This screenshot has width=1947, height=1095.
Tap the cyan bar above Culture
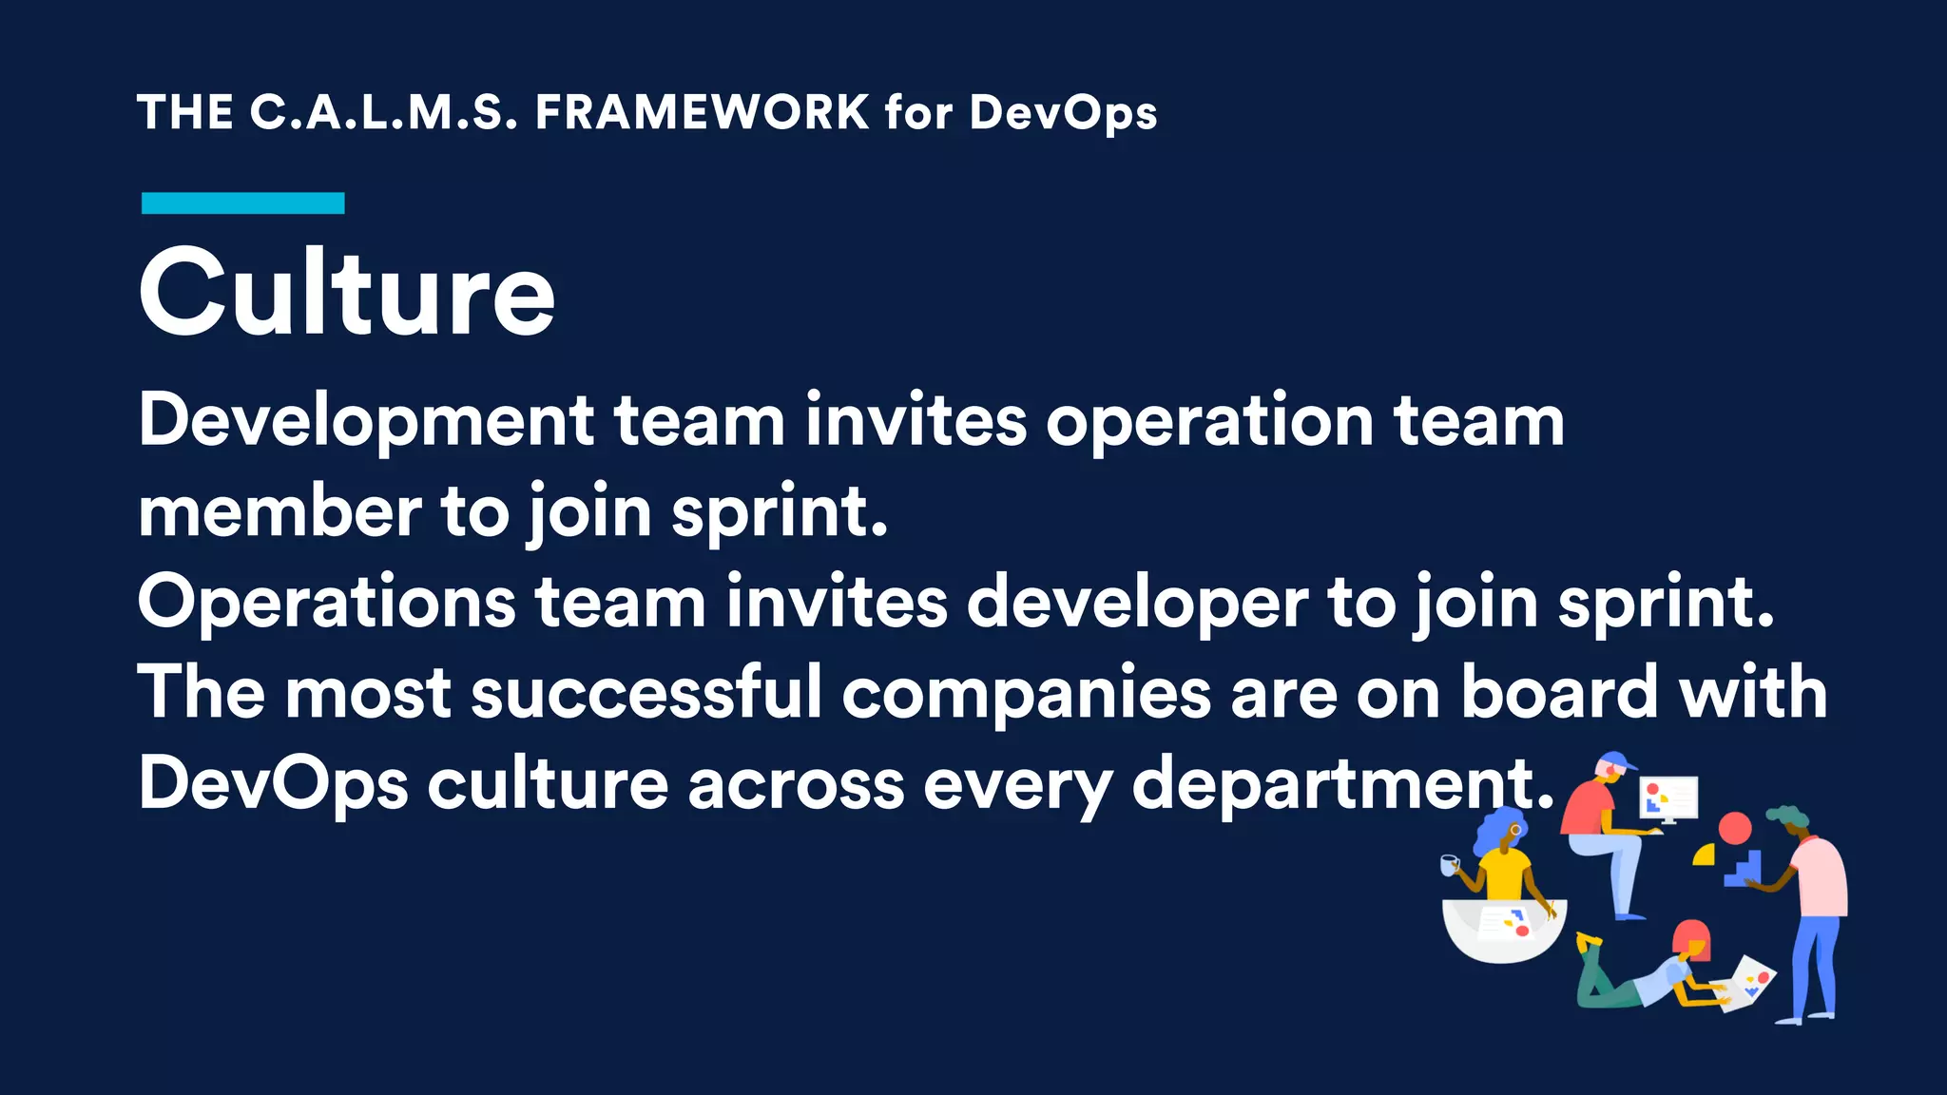[x=242, y=202]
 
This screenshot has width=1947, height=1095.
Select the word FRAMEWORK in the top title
[x=702, y=112]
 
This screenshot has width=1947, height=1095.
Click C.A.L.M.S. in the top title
[x=383, y=112]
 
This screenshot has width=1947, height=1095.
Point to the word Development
[x=366, y=421]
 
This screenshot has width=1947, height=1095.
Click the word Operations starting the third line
[x=326, y=603]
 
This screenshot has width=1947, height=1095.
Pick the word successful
[x=646, y=692]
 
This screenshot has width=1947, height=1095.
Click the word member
[x=280, y=511]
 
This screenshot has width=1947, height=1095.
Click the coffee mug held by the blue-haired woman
[x=1449, y=865]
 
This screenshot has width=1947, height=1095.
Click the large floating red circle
[x=1734, y=828]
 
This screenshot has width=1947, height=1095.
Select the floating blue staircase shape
[x=1745, y=868]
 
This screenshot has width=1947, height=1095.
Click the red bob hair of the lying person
[x=1691, y=938]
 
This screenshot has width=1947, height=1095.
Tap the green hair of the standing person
[x=1788, y=816]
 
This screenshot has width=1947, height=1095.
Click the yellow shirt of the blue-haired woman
[x=1506, y=873]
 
